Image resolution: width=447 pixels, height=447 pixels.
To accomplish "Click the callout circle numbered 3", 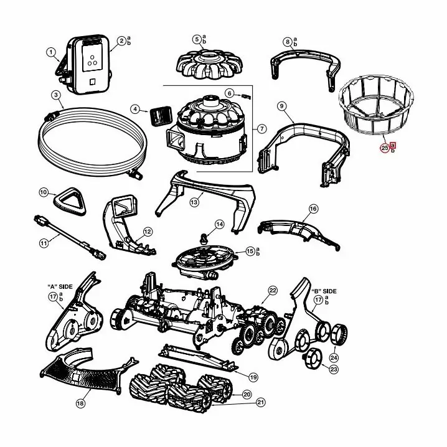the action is click(x=56, y=95).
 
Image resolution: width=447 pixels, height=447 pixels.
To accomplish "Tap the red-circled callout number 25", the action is click(x=385, y=148).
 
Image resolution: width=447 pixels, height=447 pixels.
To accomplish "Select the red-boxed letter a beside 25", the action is click(x=393, y=145).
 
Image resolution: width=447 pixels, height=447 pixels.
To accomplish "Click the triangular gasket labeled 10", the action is click(x=70, y=201).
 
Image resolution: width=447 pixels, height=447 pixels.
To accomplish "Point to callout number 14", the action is click(x=220, y=224).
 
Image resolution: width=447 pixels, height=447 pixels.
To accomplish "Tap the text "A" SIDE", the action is click(x=60, y=286).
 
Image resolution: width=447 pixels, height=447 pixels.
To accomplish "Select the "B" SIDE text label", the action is click(x=324, y=291).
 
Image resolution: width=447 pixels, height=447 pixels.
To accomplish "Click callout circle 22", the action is click(x=273, y=291).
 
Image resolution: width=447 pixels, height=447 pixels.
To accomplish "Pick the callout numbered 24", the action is click(x=334, y=357).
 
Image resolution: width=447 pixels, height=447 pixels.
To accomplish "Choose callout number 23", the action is click(x=334, y=369).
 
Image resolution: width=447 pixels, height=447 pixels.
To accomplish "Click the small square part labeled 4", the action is click(x=160, y=116).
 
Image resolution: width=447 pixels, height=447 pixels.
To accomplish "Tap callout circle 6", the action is click(x=229, y=93).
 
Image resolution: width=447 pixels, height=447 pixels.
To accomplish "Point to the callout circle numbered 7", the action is click(x=261, y=129).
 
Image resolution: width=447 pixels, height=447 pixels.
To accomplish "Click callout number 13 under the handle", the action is click(x=194, y=202).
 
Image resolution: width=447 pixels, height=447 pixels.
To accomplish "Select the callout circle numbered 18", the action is click(x=80, y=403).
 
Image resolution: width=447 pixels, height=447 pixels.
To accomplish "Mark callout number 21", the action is click(x=260, y=402).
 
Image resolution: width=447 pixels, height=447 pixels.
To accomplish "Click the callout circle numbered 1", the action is click(x=51, y=52).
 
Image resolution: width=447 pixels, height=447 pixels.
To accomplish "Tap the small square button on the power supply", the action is click(x=92, y=82).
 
